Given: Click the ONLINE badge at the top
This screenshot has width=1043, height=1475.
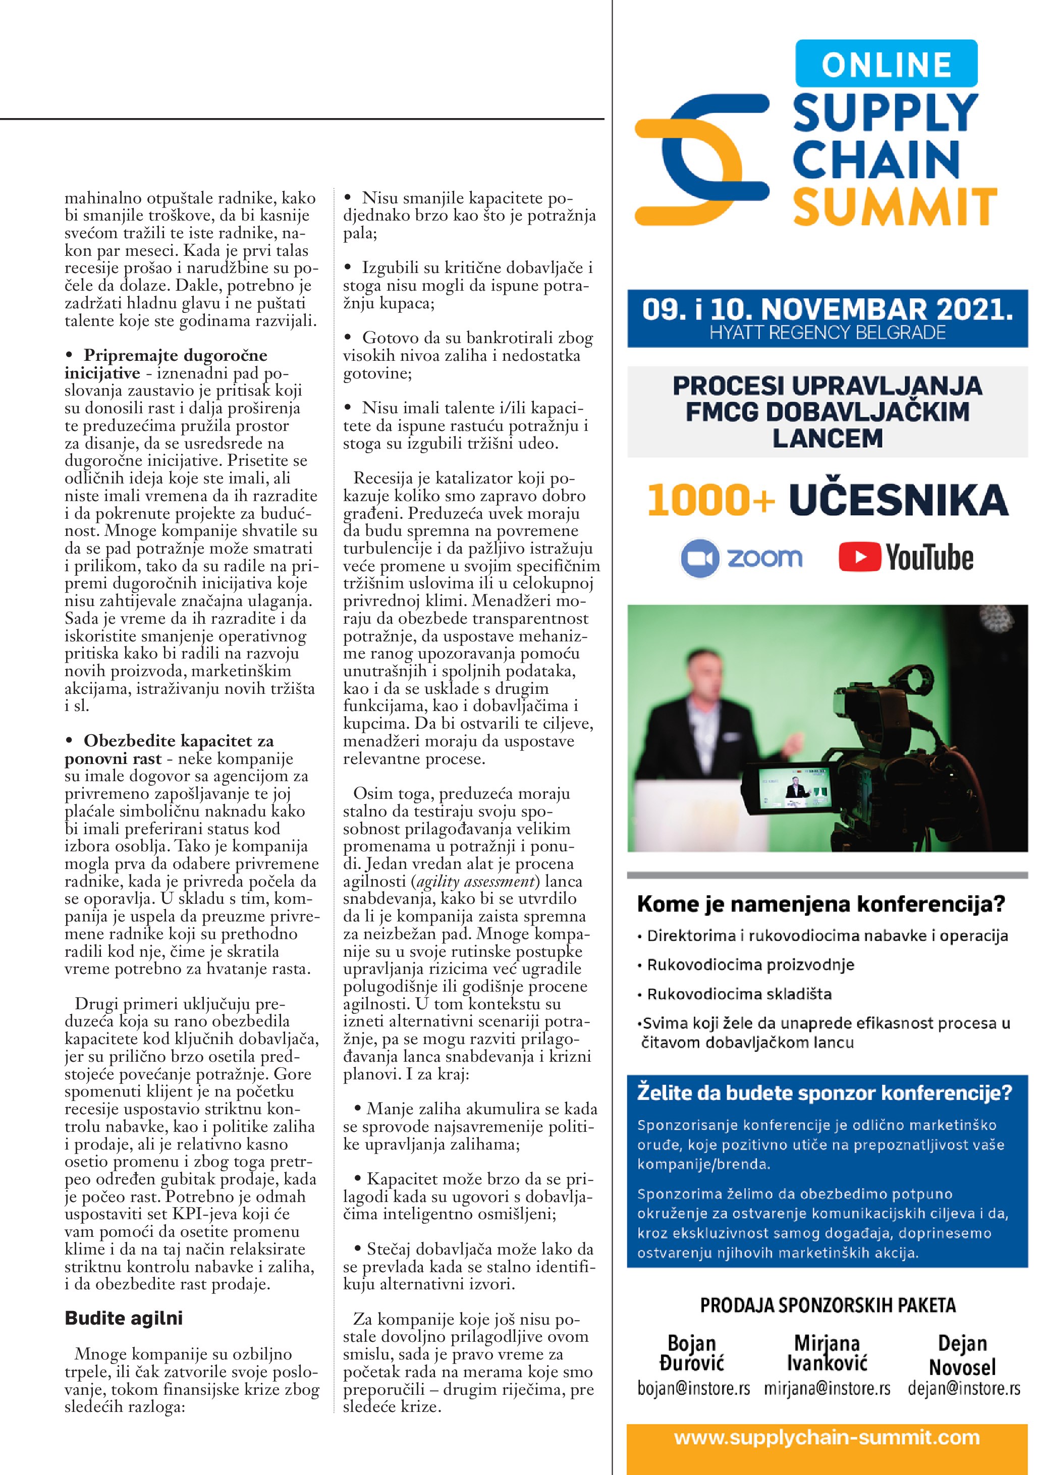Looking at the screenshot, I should click(886, 64).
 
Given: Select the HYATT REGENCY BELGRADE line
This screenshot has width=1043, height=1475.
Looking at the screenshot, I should click(827, 333).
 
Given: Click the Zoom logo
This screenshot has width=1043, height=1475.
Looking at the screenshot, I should click(742, 558).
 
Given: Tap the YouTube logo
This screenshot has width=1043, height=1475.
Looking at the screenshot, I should click(906, 558).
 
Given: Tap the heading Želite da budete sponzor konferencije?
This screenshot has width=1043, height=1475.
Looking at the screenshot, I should click(825, 1093).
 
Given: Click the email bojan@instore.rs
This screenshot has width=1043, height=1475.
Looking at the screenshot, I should click(694, 1389).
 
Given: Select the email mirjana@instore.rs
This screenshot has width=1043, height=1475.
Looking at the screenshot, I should click(827, 1389).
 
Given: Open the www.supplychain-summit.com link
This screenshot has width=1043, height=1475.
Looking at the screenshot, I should click(827, 1438).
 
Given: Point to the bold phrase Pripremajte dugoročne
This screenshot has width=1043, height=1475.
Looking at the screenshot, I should click(175, 355).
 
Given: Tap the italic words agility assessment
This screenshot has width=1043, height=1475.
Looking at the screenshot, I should click(475, 882).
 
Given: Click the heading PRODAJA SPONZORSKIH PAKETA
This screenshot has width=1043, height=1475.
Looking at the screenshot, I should click(827, 1305).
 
